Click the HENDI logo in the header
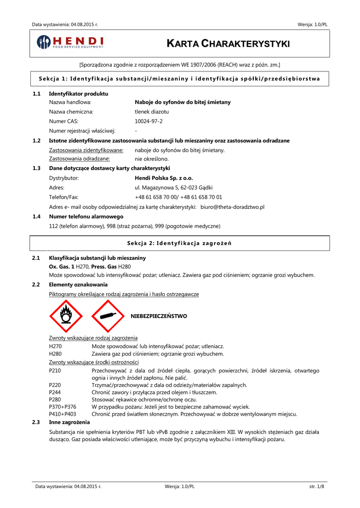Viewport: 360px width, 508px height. click(70, 43)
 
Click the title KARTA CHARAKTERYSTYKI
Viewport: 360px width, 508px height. click(228, 45)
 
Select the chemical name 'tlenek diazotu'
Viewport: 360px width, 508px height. click(152, 112)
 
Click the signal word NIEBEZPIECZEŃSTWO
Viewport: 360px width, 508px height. click(158, 316)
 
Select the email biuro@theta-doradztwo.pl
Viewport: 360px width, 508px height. click(232, 206)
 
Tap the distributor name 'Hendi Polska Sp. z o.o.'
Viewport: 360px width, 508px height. click(164, 178)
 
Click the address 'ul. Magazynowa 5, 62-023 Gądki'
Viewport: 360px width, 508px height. click(174, 188)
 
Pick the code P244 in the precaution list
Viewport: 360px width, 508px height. click(55, 392)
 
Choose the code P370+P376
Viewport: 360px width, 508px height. click(63, 406)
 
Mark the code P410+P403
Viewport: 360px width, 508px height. click(63, 414)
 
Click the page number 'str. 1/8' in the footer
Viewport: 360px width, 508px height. click(316, 486)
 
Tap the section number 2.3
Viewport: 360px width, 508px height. click(36, 422)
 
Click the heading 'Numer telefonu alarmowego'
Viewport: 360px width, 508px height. click(86, 216)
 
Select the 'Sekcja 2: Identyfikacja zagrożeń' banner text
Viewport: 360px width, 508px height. click(179, 243)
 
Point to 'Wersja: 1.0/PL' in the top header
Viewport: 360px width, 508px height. click(312, 24)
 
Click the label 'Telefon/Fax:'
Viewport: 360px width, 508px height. click(64, 197)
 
